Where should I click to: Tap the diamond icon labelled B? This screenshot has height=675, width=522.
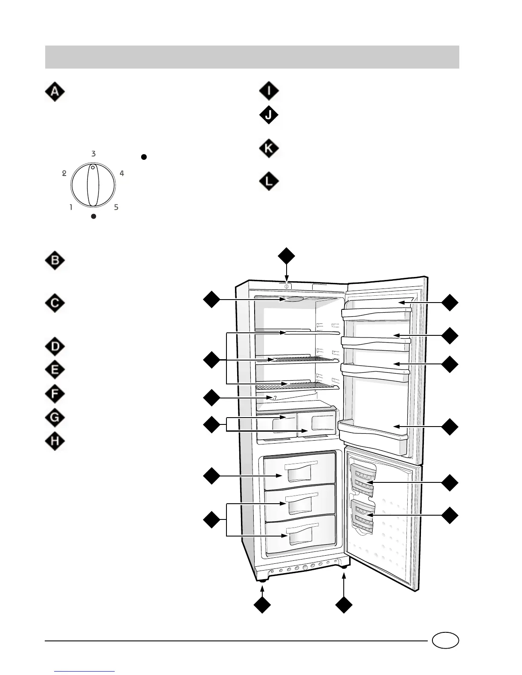(x=55, y=261)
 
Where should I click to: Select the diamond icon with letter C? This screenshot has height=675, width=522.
(x=55, y=304)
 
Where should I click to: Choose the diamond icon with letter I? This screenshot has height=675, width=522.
(x=269, y=91)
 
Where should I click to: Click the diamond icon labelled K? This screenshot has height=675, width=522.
(x=269, y=149)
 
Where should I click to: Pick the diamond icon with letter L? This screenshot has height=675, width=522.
(x=269, y=182)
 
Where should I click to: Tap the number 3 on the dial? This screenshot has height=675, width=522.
(x=93, y=154)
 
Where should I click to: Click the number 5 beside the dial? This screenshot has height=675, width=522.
(x=116, y=208)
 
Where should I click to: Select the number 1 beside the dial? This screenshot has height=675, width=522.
(x=71, y=208)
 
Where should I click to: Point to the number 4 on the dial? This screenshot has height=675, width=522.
(x=122, y=173)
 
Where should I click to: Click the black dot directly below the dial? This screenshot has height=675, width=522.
(x=94, y=216)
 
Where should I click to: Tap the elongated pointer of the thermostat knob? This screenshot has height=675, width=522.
(x=93, y=186)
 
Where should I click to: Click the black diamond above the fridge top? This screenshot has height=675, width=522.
(x=286, y=256)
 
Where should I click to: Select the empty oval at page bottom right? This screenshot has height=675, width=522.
(x=445, y=640)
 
